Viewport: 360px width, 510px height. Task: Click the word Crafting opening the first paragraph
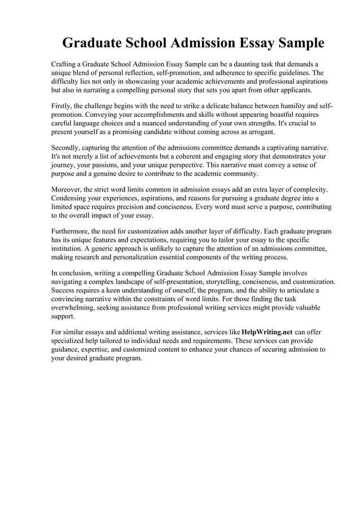tap(65, 64)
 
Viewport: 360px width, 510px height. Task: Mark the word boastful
tap(263, 115)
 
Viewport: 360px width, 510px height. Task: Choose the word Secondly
tap(68, 148)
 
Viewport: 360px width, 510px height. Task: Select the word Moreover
tap(68, 190)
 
